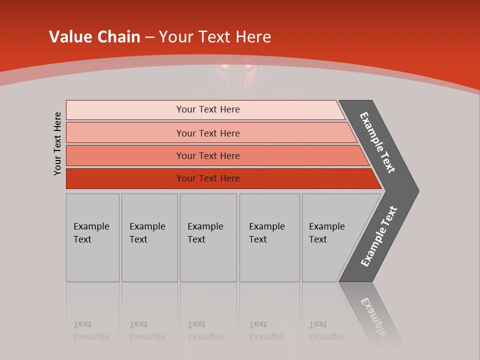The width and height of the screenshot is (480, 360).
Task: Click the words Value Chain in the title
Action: (x=94, y=36)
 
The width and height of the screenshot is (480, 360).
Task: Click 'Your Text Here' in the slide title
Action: (x=214, y=36)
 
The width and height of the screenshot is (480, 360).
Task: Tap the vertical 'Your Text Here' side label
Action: (x=57, y=143)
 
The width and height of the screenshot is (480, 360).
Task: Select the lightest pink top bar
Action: (x=207, y=109)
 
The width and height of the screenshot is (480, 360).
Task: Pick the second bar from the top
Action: (x=207, y=133)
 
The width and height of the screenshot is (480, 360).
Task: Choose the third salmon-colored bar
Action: (x=207, y=155)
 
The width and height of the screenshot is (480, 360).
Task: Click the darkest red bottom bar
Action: (x=207, y=178)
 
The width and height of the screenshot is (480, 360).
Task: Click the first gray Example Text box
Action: (x=92, y=237)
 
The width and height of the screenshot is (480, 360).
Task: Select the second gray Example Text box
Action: (x=149, y=237)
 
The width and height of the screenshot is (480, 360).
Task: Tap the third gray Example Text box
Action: (x=208, y=237)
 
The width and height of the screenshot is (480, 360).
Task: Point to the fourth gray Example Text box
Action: (x=269, y=237)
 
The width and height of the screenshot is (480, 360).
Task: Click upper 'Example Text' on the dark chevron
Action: (x=378, y=142)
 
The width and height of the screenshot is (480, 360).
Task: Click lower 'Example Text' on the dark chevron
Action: (x=379, y=236)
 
